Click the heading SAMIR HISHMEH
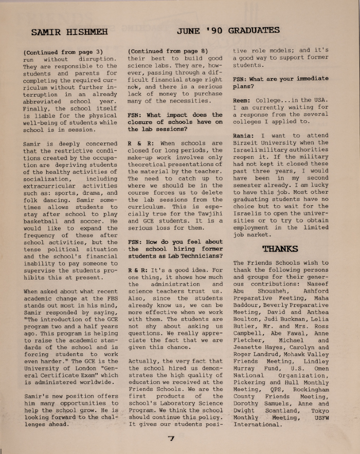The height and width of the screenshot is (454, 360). point(69,32)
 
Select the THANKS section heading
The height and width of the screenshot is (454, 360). point(280,249)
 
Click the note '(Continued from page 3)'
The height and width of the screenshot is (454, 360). point(63,51)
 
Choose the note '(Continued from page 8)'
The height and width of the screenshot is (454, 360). point(168,51)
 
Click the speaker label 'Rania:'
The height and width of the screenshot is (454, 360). point(245,136)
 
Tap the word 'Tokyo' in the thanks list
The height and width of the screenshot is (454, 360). point(318,411)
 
